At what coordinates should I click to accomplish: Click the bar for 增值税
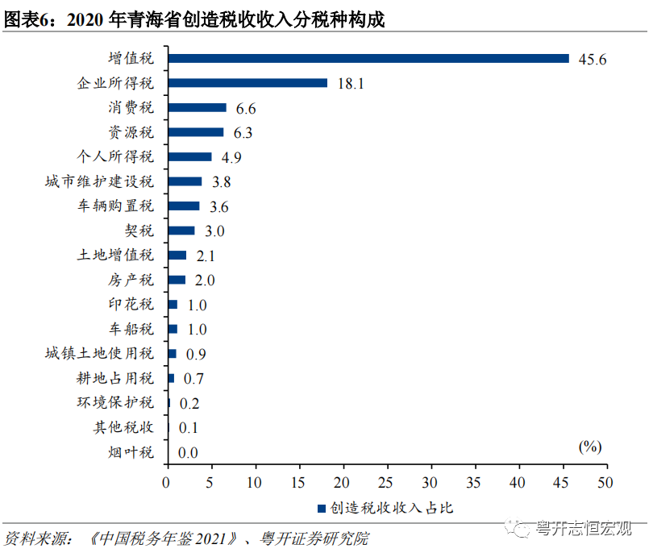click(x=368, y=58)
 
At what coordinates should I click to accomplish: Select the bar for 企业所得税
click(x=247, y=82)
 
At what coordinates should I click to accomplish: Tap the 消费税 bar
click(x=197, y=107)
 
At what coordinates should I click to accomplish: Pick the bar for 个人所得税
click(x=189, y=156)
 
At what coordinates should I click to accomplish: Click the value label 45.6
click(x=592, y=59)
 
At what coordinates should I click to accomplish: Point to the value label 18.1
click(x=350, y=83)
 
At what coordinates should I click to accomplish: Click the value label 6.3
click(x=243, y=133)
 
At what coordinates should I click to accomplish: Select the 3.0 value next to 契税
click(x=214, y=231)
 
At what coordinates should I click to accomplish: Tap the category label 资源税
click(x=131, y=132)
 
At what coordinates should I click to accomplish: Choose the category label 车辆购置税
click(x=114, y=206)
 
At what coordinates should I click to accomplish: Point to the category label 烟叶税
click(x=131, y=452)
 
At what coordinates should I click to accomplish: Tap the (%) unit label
click(x=589, y=446)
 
